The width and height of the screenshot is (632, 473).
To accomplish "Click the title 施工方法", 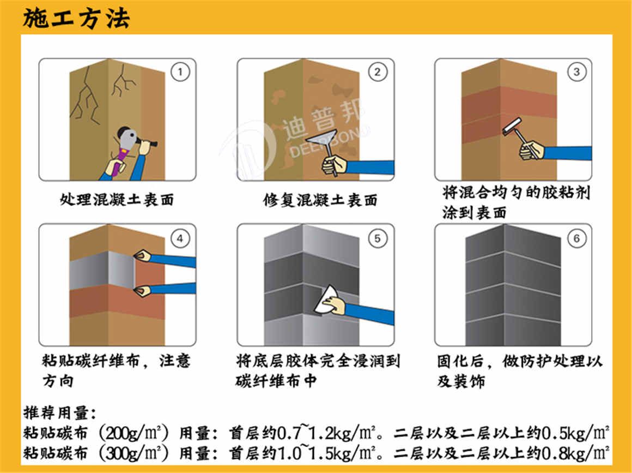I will (76, 18).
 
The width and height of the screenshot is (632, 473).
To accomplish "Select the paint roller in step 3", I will (513, 128).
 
